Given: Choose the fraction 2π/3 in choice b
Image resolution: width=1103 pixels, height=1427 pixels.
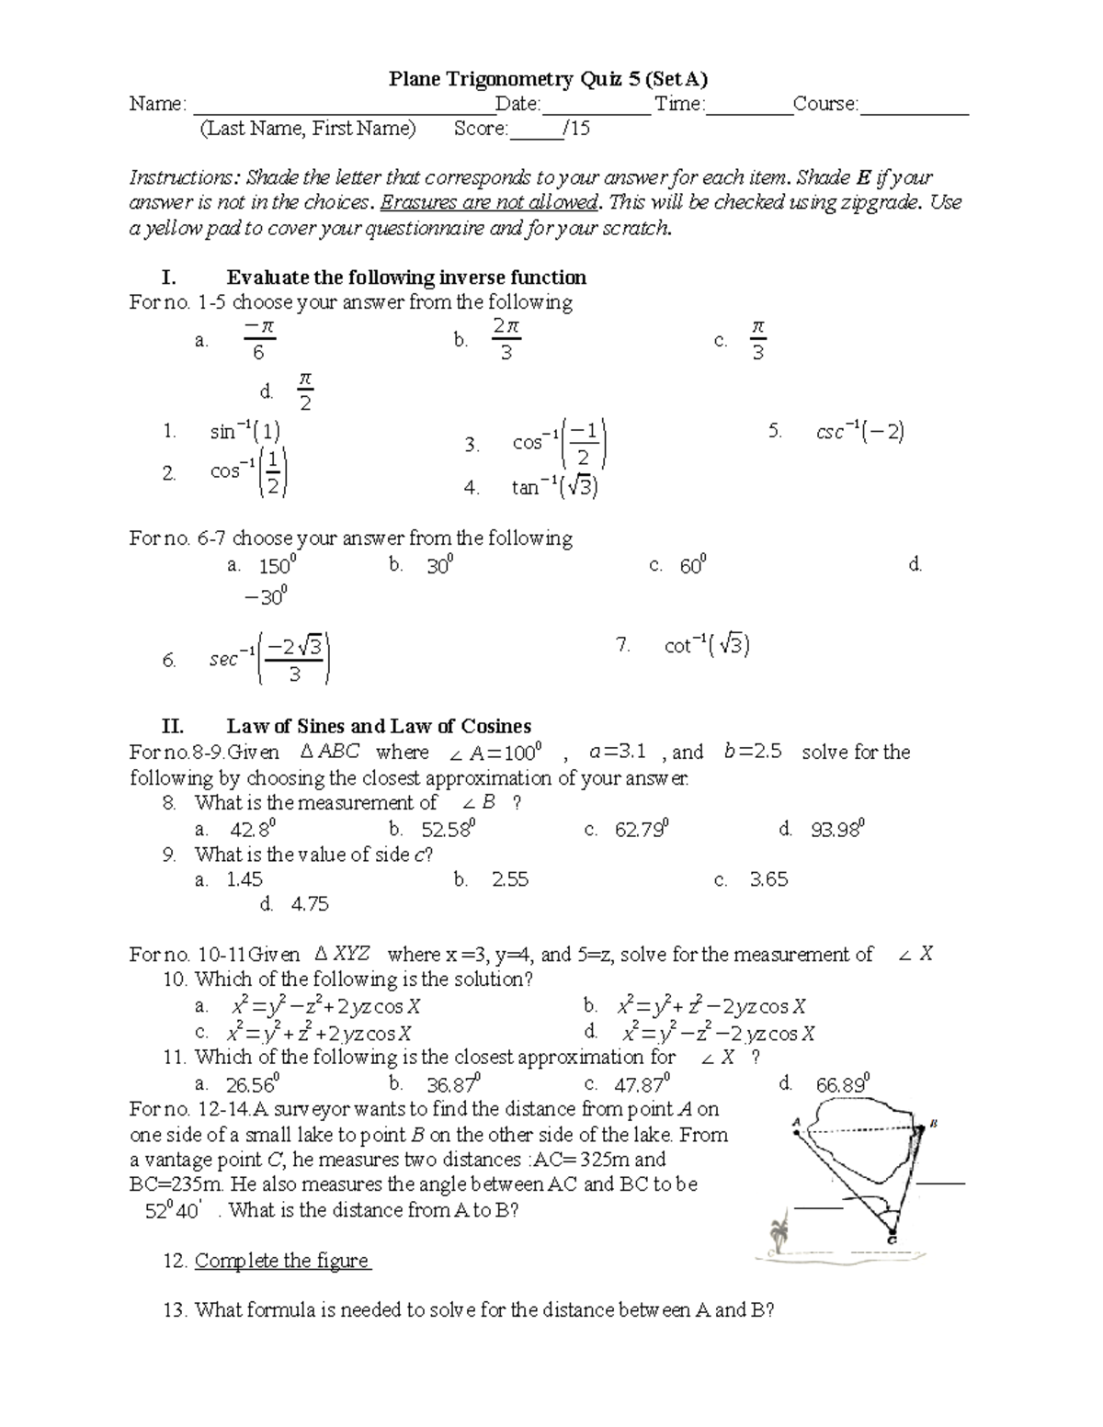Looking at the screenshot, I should point(506,339).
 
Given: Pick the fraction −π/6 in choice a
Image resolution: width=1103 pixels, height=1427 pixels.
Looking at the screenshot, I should point(259,339).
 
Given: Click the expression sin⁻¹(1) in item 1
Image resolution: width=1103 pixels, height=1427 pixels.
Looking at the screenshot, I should point(245,431).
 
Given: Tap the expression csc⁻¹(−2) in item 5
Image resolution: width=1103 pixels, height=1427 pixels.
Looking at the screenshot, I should point(859,431).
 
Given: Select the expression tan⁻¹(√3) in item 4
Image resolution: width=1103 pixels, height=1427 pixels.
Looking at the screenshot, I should point(555,487).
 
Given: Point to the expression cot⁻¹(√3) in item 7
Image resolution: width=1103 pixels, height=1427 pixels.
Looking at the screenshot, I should point(706,646).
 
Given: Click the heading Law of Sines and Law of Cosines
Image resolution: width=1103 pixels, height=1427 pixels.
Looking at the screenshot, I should point(379,727).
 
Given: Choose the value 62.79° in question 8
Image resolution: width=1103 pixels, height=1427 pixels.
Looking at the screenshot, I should point(642,830).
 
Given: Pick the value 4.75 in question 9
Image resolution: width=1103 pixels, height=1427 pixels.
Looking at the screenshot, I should point(310,904).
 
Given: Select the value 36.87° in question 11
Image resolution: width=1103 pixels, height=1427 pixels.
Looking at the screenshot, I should point(450,1084).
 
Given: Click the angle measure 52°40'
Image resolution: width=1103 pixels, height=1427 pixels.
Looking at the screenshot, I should point(174,1210).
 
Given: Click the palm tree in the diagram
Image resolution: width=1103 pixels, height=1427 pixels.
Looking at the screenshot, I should point(780,1232).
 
